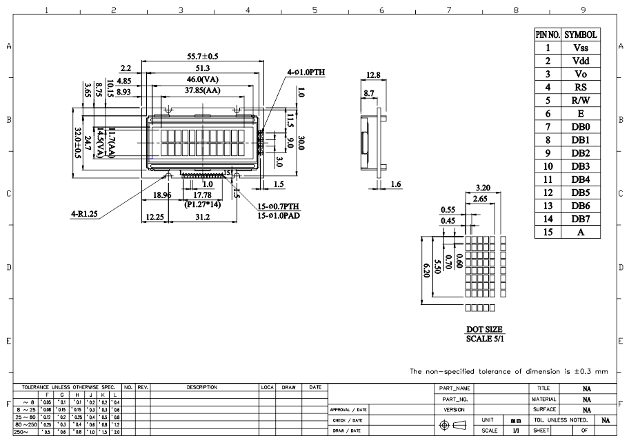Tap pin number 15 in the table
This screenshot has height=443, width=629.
tap(548, 233)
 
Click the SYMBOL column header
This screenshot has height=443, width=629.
tap(581, 35)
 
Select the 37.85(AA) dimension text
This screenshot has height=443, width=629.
tap(202, 90)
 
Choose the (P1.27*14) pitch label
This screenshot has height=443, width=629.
tap(202, 205)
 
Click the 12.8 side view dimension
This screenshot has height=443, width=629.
tap(373, 75)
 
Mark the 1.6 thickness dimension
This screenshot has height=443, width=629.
tap(396, 184)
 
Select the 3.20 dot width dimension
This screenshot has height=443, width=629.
tap(483, 187)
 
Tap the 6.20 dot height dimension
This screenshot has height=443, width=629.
tap(427, 268)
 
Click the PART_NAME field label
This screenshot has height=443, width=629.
tap(455, 388)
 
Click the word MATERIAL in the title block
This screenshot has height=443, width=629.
tap(543, 399)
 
